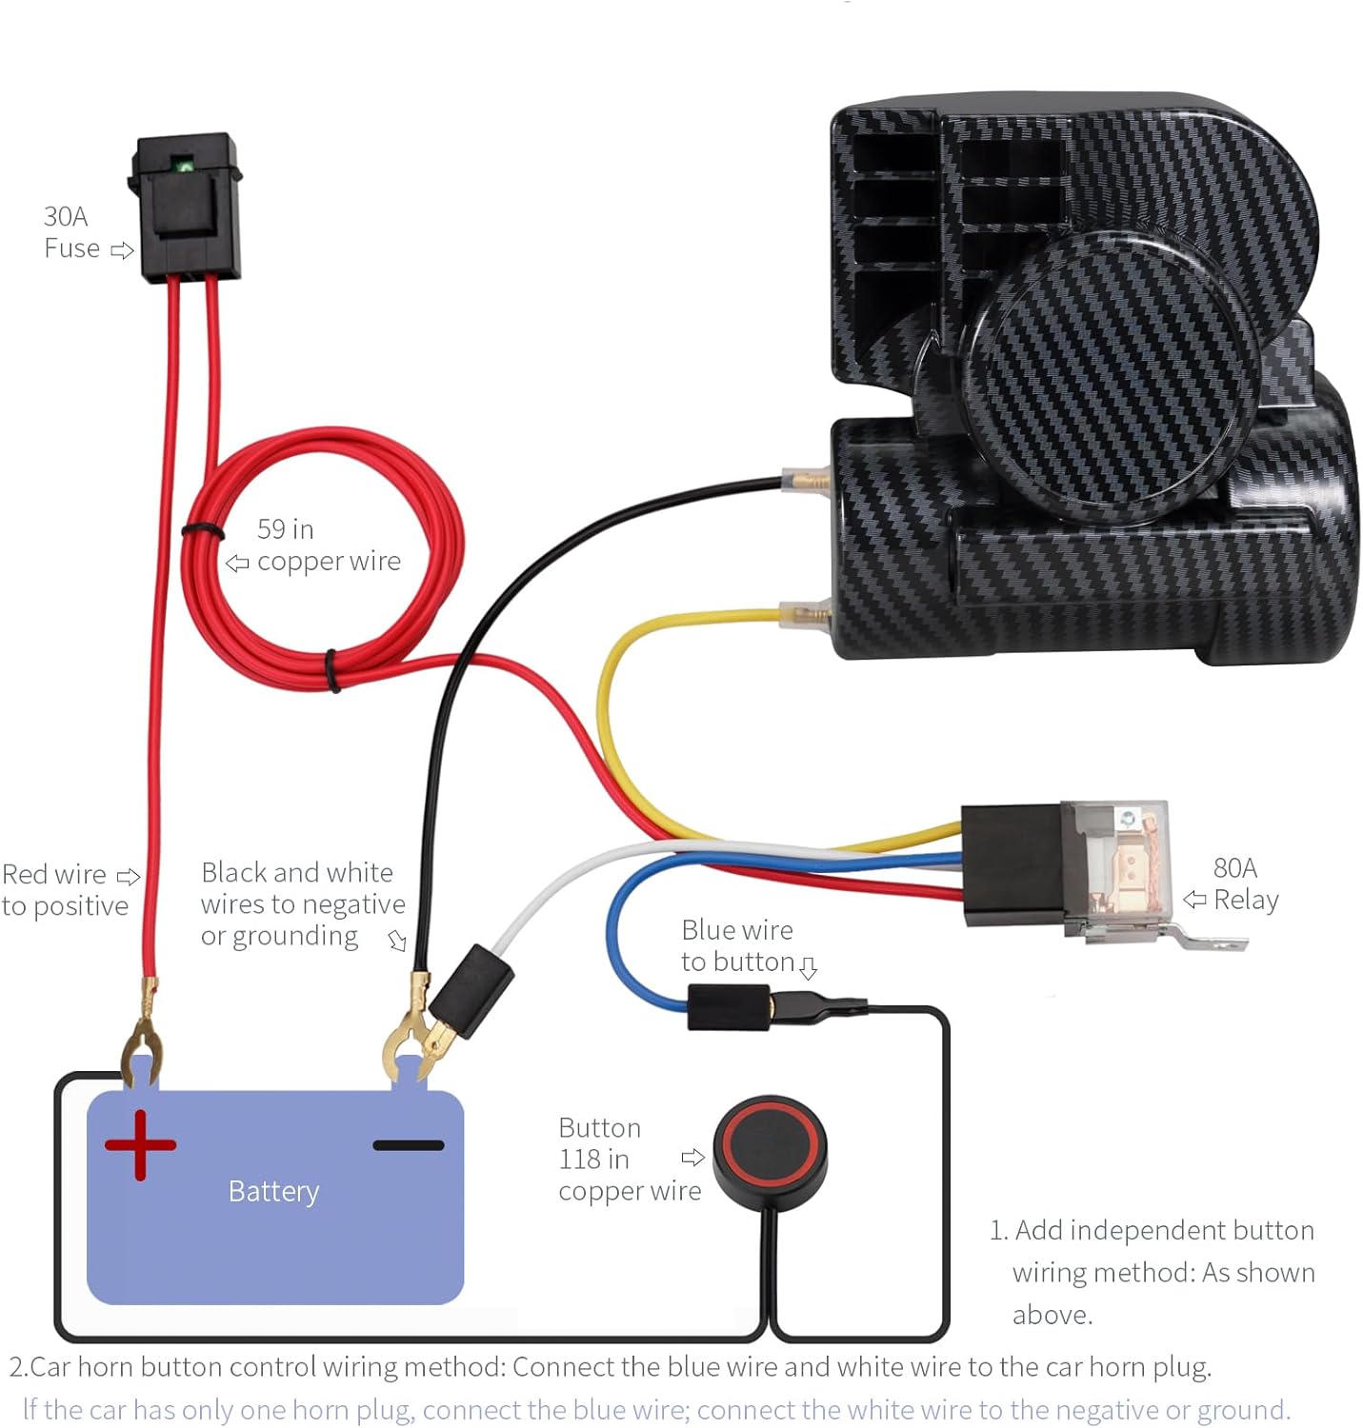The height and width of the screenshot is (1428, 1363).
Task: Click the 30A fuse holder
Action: [187, 208]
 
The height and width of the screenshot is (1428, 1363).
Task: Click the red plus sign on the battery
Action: [140, 1144]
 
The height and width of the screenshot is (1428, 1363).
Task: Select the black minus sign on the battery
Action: [408, 1145]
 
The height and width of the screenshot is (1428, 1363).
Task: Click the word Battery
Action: [273, 1191]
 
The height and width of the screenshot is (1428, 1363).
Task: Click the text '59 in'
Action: [285, 529]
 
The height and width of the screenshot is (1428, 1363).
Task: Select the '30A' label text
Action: [66, 217]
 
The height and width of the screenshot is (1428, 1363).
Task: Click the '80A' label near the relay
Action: [1234, 868]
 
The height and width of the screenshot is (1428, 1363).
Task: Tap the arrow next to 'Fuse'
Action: [122, 250]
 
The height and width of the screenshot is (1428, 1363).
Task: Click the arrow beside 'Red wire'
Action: [128, 876]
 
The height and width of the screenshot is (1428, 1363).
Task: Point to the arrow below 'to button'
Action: [808, 969]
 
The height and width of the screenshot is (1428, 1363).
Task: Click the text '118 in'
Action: [593, 1160]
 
